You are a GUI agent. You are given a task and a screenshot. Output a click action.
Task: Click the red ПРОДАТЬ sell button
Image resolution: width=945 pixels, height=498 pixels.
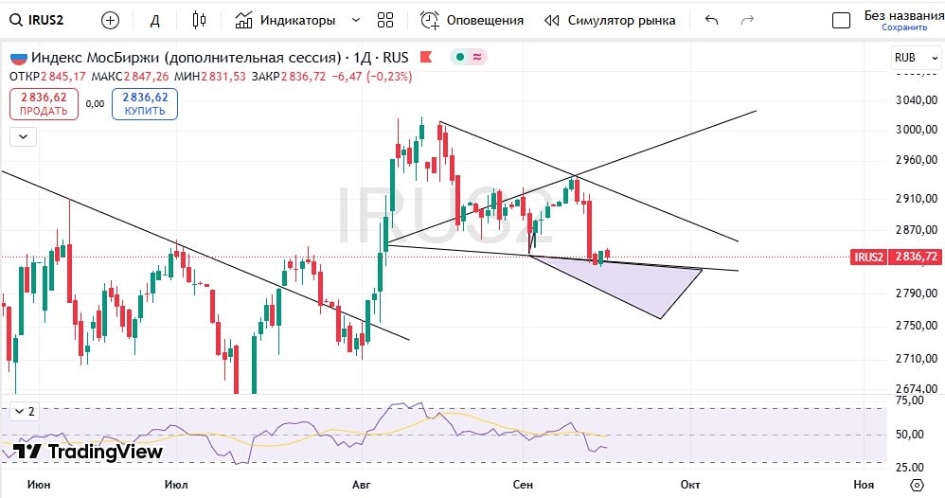click(x=44, y=103)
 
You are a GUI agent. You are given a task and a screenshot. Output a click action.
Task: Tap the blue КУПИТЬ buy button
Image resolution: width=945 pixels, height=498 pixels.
click(x=145, y=103)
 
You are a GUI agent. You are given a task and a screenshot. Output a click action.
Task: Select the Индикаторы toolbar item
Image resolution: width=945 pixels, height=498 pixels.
click(x=297, y=20)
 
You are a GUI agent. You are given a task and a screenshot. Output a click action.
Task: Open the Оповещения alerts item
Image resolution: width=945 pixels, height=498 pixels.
click(x=472, y=20)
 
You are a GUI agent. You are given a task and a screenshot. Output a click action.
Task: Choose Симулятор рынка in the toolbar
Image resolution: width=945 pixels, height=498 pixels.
click(x=610, y=20)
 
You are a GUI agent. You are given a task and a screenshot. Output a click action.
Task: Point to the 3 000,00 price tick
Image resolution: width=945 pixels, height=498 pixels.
click(x=916, y=130)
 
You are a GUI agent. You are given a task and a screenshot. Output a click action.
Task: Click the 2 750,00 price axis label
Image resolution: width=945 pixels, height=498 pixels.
click(x=916, y=326)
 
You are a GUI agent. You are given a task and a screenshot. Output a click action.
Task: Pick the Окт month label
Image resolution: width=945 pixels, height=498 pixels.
click(x=690, y=484)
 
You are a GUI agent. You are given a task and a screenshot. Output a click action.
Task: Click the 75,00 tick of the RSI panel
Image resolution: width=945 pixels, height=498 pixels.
click(x=909, y=400)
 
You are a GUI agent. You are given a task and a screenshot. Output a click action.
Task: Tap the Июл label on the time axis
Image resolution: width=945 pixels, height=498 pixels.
click(x=175, y=484)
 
